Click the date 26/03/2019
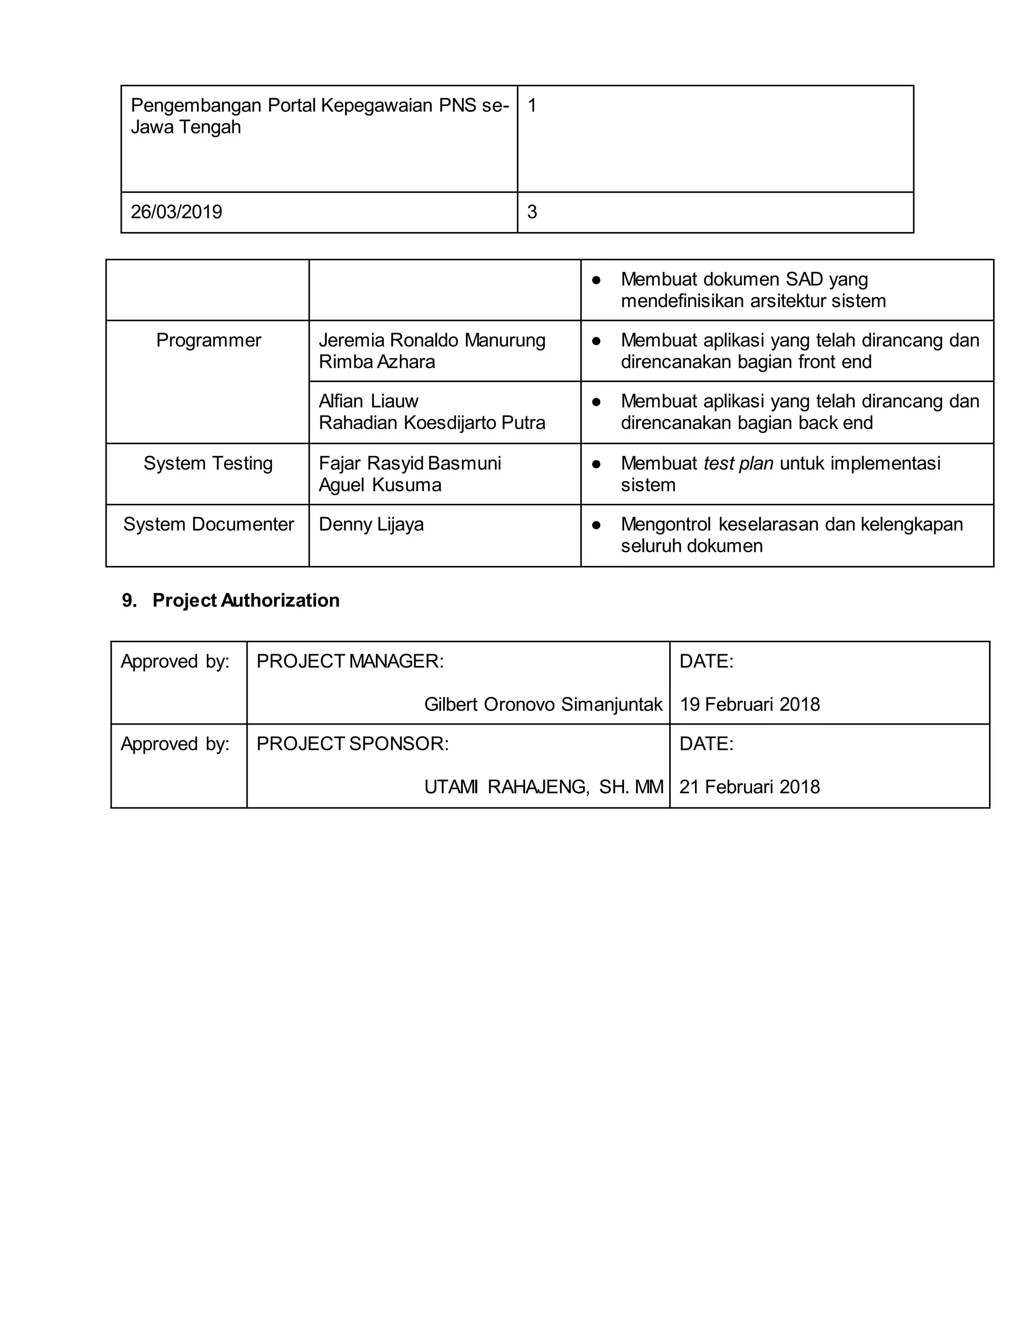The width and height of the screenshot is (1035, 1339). pos(176,212)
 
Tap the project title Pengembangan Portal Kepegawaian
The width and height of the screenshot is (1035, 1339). pos(319,116)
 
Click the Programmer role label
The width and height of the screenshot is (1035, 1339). pos(209,340)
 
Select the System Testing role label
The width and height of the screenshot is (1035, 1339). pos(208,463)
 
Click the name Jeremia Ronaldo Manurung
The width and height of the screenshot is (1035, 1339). pos(432,340)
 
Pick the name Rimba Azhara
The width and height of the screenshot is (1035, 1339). pos(377,362)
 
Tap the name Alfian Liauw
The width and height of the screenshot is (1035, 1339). pos(368,402)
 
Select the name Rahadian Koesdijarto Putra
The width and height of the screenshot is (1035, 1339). pos(432,423)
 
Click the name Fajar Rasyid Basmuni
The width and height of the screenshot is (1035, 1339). pos(409,463)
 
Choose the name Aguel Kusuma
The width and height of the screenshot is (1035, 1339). pos(380,486)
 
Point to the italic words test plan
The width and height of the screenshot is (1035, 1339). pos(738,463)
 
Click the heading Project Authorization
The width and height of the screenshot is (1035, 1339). pos(245,600)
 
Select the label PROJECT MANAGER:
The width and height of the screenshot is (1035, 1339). pos(350,661)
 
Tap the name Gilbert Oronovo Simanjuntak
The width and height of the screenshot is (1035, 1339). pos(543,704)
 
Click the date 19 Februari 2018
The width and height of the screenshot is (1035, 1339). pos(749,704)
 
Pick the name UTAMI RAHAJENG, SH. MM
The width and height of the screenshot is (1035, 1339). pos(543,787)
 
